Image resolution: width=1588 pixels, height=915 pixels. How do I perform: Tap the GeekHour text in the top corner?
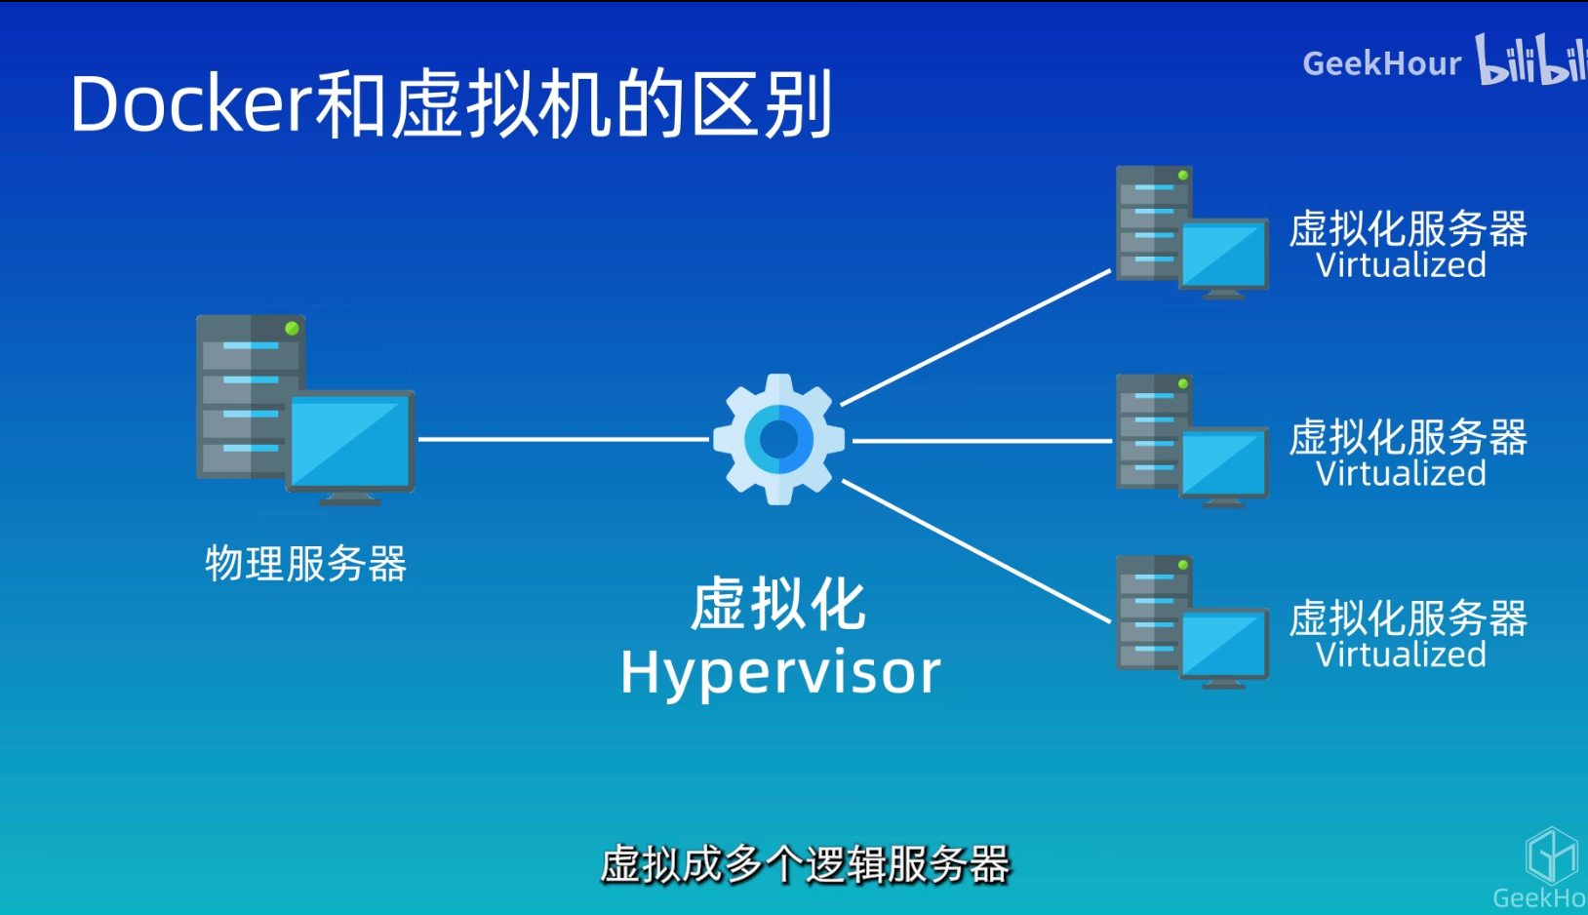[x=1381, y=64]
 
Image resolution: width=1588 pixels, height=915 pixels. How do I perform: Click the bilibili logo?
[x=1529, y=60]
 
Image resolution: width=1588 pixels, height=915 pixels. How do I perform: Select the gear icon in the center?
[x=778, y=439]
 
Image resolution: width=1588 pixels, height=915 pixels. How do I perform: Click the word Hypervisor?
[x=780, y=673]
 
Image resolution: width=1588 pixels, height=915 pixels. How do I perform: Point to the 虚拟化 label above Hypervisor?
[x=778, y=605]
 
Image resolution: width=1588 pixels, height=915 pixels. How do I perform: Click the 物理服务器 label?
[x=305, y=564]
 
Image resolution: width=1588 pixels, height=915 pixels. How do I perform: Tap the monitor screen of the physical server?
[x=349, y=441]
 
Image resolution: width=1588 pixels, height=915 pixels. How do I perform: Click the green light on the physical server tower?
[x=291, y=329]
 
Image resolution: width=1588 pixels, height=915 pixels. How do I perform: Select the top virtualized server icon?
[x=1190, y=232]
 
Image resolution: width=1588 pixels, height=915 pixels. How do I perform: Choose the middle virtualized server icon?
[x=1190, y=441]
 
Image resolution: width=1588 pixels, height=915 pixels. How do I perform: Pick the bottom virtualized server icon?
[x=1190, y=622]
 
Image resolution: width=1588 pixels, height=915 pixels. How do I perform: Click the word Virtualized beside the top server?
[x=1401, y=265]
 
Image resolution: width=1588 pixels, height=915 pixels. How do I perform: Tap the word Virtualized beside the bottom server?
[x=1401, y=655]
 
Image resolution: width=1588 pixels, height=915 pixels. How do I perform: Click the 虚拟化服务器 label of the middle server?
[x=1408, y=437]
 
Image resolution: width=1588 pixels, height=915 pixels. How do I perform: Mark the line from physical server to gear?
[x=564, y=439]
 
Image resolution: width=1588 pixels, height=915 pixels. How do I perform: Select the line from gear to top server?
[x=975, y=337]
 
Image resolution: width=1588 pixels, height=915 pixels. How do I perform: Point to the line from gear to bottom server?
[x=975, y=550]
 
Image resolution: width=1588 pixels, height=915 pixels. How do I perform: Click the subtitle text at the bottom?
[x=805, y=864]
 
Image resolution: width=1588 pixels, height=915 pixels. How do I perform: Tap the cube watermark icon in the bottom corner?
[x=1551, y=855]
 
